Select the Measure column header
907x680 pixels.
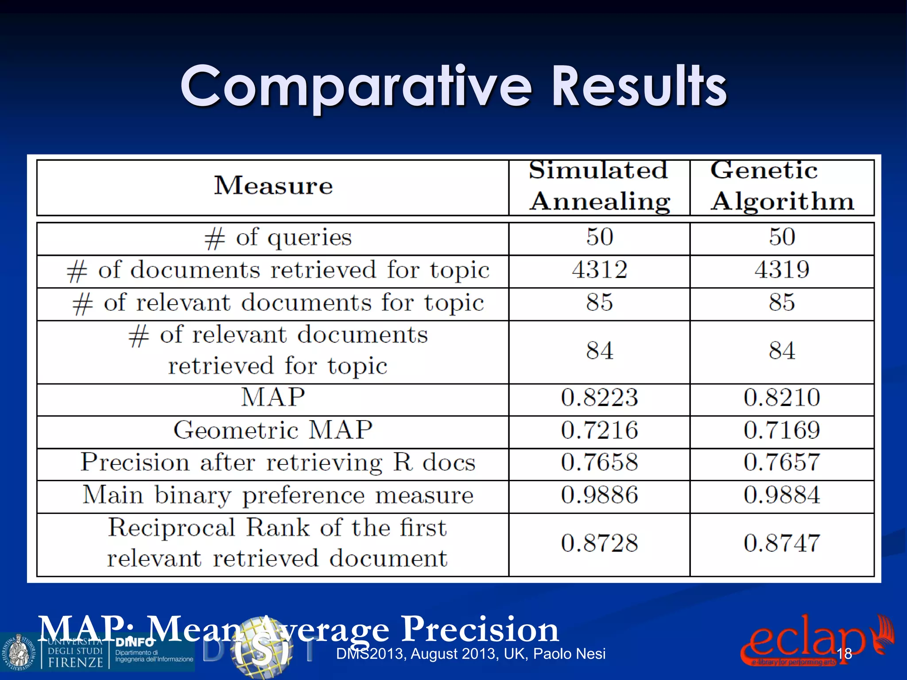[273, 185]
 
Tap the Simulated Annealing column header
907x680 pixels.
[599, 186]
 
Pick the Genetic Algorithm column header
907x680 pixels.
[782, 186]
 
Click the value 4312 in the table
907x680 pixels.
[600, 270]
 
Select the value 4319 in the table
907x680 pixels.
[782, 270]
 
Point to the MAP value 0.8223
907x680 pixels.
[600, 397]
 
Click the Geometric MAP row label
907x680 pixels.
[273, 430]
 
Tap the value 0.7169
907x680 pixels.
[782, 430]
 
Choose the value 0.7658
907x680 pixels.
[600, 463]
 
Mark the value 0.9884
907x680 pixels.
[782, 495]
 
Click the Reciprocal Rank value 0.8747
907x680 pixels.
[782, 543]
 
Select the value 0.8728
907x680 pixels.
[600, 543]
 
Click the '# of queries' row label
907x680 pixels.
[278, 238]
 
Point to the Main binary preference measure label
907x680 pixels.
[278, 495]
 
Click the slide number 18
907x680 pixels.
[844, 654]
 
